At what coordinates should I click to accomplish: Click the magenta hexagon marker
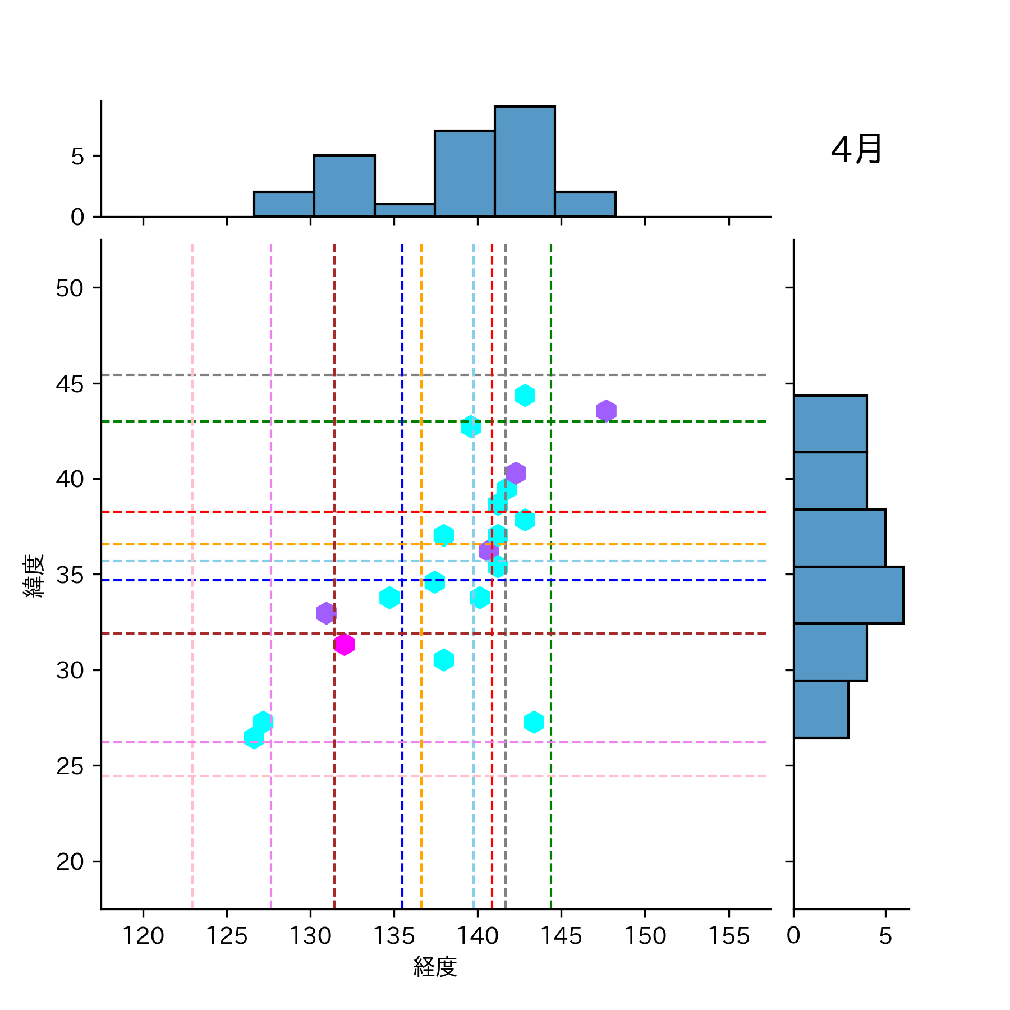[x=344, y=644]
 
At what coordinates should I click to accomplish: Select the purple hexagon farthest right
[x=606, y=411]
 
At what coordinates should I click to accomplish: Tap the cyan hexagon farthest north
[x=525, y=396]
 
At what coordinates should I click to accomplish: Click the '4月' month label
[x=856, y=150]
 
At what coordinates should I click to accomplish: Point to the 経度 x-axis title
[x=435, y=966]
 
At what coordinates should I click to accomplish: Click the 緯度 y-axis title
[x=34, y=576]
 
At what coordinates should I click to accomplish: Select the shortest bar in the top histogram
[x=405, y=210]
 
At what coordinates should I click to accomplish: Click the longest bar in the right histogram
[x=848, y=595]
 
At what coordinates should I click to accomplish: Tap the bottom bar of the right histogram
[x=820, y=709]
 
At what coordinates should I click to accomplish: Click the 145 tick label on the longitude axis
[x=561, y=936]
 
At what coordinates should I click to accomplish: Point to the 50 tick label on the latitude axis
[x=70, y=288]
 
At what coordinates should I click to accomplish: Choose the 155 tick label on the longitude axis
[x=728, y=936]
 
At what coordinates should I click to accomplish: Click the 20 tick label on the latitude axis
[x=70, y=862]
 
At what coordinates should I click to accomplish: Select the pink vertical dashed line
[x=192, y=842]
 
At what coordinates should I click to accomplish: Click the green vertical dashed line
[x=551, y=842]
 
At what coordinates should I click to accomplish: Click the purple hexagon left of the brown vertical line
[x=326, y=613]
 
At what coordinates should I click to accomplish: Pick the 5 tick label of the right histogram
[x=885, y=936]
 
